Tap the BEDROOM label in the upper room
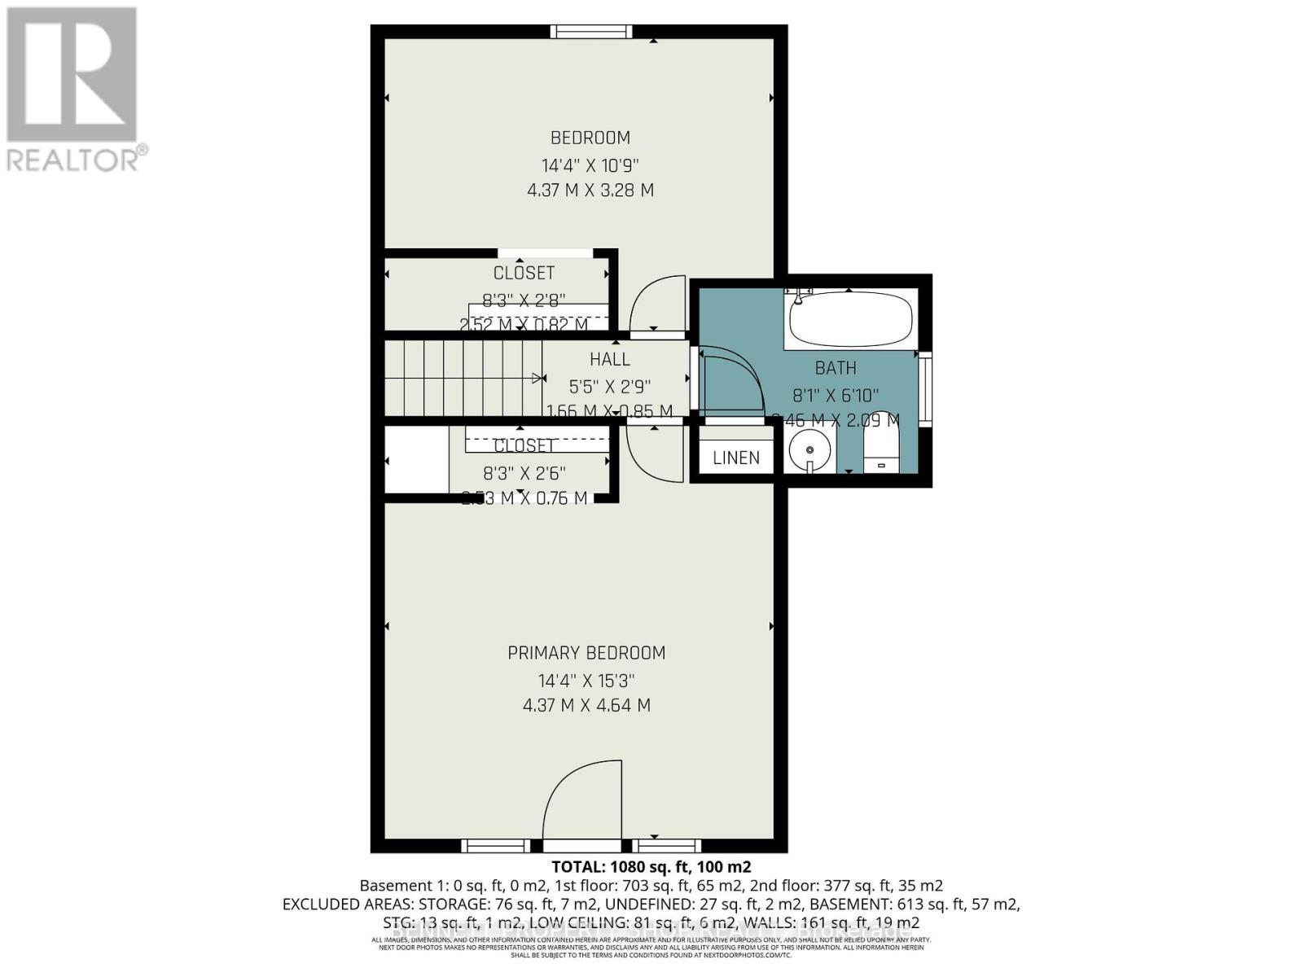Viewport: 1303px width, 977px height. click(x=590, y=138)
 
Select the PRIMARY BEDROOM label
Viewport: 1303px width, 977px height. click(x=586, y=653)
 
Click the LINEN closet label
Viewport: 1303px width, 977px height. click(x=736, y=458)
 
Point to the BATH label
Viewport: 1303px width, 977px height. click(x=836, y=368)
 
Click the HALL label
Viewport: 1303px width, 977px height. click(x=610, y=359)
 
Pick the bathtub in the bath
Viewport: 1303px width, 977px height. click(x=850, y=320)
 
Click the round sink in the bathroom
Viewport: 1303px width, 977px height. click(x=809, y=450)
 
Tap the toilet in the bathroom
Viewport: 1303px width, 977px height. click(x=879, y=452)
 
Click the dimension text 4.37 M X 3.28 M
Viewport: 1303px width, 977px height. click(x=590, y=191)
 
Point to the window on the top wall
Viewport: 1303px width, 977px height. click(x=590, y=32)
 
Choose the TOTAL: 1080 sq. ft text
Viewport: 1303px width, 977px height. click(x=651, y=866)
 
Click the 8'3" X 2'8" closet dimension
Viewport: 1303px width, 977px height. click(x=524, y=300)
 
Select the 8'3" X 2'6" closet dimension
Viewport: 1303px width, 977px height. click(x=524, y=473)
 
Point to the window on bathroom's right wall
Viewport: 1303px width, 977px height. click(x=925, y=389)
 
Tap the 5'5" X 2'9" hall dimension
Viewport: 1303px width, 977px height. click(x=610, y=386)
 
